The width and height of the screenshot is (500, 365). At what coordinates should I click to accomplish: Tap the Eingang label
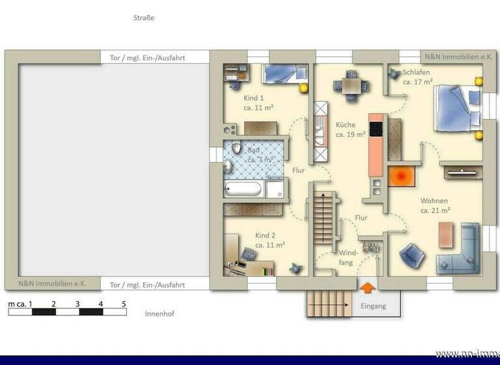point(372,306)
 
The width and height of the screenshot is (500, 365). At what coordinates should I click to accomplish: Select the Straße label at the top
point(143,18)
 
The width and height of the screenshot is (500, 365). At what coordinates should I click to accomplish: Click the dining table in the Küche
point(349,85)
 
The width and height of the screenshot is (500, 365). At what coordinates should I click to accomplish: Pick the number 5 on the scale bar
point(124,304)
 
